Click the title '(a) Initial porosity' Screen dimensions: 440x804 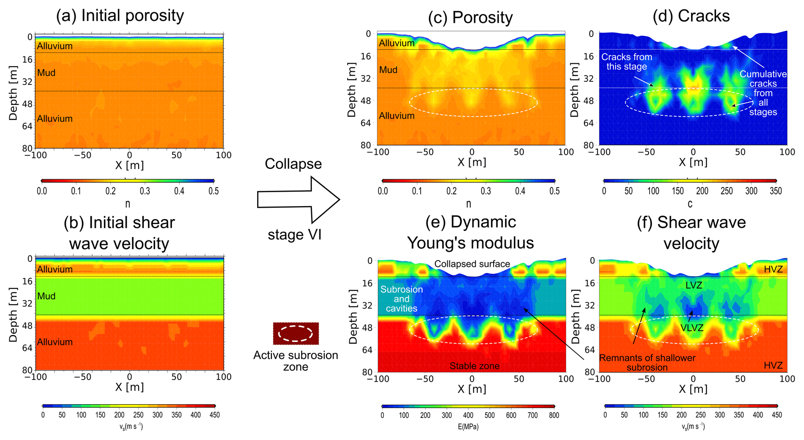120,16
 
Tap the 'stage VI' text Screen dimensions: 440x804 294,235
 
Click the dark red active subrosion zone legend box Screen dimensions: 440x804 296,333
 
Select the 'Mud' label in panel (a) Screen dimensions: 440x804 46,73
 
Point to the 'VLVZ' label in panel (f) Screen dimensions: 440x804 692,328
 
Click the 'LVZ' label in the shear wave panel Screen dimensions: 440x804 694,285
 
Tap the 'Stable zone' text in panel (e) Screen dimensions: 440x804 475,366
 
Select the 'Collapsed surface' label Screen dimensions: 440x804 472,264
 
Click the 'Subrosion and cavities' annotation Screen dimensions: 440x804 401,299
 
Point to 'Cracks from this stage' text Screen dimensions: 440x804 627,62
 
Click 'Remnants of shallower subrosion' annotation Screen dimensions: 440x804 647,363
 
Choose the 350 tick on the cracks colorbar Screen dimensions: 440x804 776,191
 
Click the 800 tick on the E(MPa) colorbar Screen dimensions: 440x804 554,415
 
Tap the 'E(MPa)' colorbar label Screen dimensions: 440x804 468,427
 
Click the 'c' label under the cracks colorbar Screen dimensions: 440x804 690,203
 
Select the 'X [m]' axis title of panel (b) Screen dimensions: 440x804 129,387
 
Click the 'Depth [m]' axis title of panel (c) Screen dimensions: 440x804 352,89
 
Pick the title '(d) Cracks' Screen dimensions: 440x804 691,16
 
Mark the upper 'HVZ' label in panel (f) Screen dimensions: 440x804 773,269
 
